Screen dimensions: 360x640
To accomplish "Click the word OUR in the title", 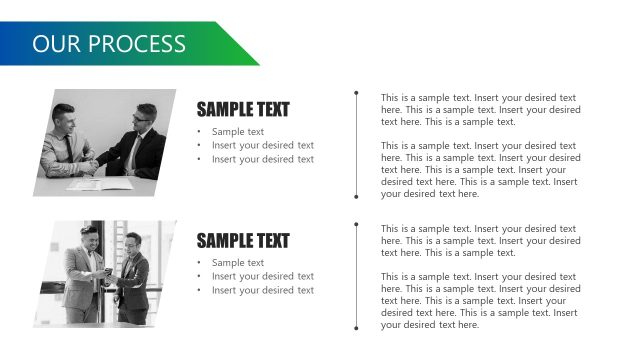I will [x=55, y=44].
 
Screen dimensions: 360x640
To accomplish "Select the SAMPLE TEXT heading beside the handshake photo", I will [x=242, y=110].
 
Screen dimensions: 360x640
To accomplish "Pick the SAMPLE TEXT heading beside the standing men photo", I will [x=242, y=241].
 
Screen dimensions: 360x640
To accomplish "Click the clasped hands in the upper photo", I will [x=93, y=163].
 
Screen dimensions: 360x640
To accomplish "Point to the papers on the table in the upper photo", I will [x=100, y=184].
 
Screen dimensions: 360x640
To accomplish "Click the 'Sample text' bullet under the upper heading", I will [x=238, y=132].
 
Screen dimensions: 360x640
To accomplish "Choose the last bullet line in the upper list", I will [x=262, y=159].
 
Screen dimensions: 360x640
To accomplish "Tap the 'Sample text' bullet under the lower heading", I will [x=238, y=263].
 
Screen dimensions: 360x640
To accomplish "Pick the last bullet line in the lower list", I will [x=262, y=290].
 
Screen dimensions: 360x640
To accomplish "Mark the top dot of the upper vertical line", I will [x=357, y=93].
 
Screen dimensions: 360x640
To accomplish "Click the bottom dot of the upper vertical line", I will [x=357, y=196].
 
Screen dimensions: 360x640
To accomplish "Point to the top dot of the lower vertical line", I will [x=357, y=225].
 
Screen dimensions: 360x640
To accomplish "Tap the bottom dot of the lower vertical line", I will [x=357, y=327].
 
